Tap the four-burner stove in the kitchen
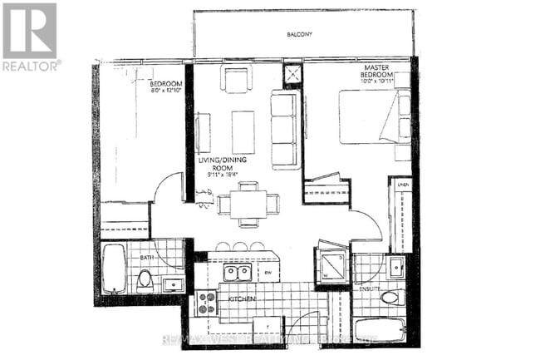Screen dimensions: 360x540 pos(205,303)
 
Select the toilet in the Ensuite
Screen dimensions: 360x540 pos(390,297)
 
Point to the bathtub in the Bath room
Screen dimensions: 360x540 pos(114,268)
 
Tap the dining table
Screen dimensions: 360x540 pos(248,202)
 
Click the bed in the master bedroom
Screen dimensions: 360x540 pos(372,116)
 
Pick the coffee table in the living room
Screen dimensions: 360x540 pos(243,131)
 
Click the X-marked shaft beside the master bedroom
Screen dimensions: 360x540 pos(293,76)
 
